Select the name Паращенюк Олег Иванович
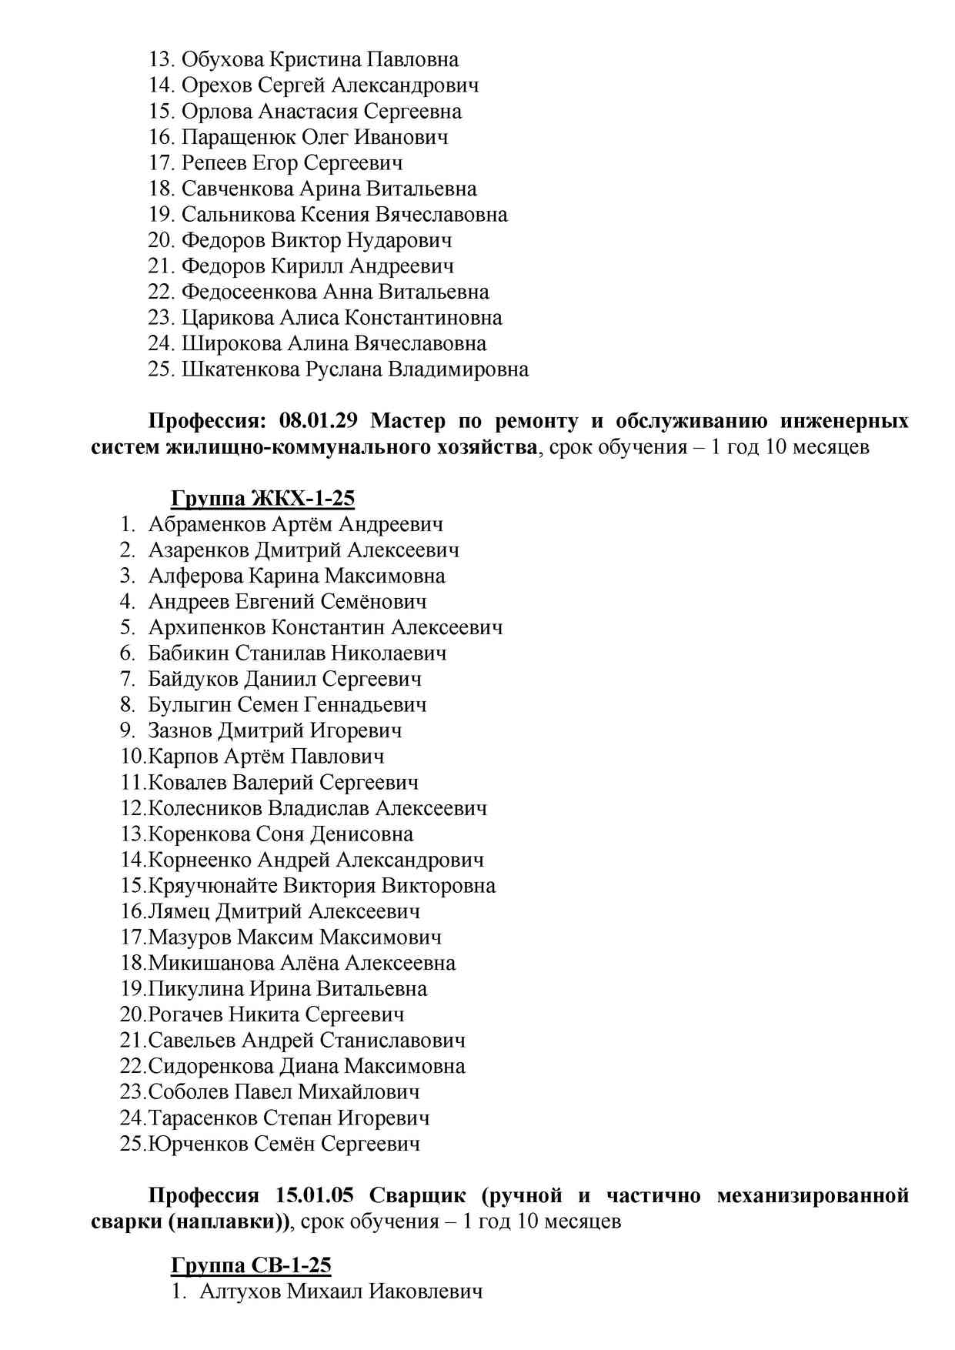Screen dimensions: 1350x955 pyautogui.click(x=314, y=138)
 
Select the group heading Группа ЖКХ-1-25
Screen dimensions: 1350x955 pyautogui.click(x=262, y=499)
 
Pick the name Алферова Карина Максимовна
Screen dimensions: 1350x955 pyautogui.click(x=296, y=576)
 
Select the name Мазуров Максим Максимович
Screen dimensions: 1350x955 pyautogui.click(x=295, y=937)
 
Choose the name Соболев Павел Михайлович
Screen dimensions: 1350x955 pyautogui.click(x=284, y=1092)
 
